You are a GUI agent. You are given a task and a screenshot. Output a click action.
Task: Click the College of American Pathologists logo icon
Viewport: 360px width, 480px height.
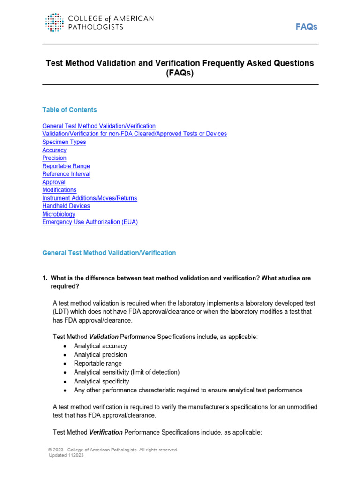point(55,22)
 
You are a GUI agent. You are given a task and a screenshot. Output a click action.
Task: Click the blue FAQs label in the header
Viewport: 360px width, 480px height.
point(306,27)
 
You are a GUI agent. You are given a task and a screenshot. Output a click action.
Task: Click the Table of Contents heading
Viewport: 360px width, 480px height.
point(69,110)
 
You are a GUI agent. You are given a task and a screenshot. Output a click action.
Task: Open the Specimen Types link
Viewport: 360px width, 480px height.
point(64,142)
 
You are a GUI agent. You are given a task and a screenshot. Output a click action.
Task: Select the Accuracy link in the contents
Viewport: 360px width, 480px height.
point(54,150)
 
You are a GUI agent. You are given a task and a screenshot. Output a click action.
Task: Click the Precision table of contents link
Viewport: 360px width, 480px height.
point(54,158)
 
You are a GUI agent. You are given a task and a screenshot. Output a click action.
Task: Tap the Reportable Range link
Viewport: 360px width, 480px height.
point(66,166)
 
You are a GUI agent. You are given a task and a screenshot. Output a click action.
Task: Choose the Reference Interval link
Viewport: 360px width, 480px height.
point(66,174)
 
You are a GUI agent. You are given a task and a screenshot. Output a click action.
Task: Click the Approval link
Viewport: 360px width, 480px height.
point(54,182)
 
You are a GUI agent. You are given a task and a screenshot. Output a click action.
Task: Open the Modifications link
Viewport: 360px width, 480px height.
point(60,190)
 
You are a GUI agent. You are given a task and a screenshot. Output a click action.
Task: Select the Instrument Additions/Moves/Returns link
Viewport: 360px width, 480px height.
point(90,198)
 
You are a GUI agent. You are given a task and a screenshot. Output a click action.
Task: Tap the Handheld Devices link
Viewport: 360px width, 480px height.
point(66,206)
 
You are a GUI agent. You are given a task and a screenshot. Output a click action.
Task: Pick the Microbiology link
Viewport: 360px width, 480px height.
point(59,214)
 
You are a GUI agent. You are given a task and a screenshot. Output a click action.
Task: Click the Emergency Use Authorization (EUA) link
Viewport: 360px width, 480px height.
point(90,222)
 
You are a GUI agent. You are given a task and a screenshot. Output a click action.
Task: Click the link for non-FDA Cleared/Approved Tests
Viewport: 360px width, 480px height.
point(135,134)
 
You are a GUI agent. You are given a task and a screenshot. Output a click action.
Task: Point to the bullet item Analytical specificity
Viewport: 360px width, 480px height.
point(101,381)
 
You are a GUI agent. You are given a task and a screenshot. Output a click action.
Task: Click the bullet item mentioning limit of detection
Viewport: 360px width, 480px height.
point(127,372)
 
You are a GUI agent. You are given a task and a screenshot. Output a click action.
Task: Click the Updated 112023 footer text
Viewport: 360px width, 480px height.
point(66,455)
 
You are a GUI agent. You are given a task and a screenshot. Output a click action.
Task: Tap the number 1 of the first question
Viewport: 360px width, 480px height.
point(44,278)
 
